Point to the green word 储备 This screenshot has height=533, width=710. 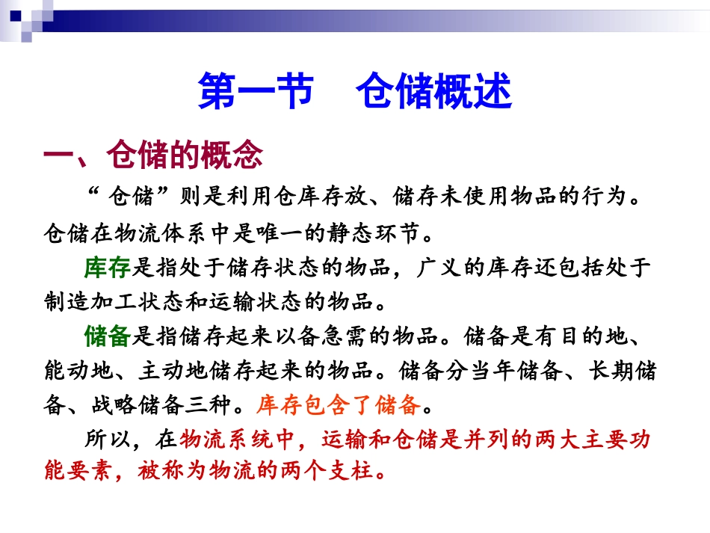(x=108, y=336)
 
